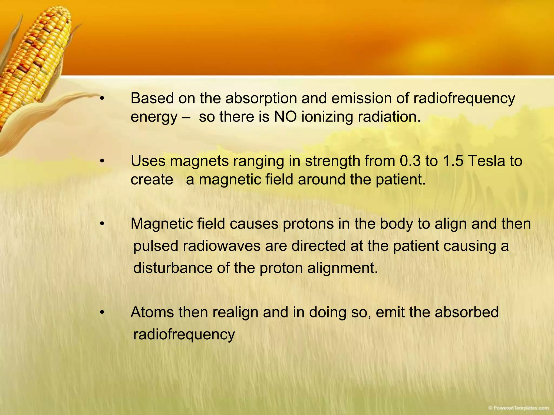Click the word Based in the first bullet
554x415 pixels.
[x=152, y=98]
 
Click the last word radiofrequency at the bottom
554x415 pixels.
[x=184, y=335]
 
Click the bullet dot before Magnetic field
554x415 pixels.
[x=102, y=224]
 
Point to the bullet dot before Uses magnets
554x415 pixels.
[x=102, y=161]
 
